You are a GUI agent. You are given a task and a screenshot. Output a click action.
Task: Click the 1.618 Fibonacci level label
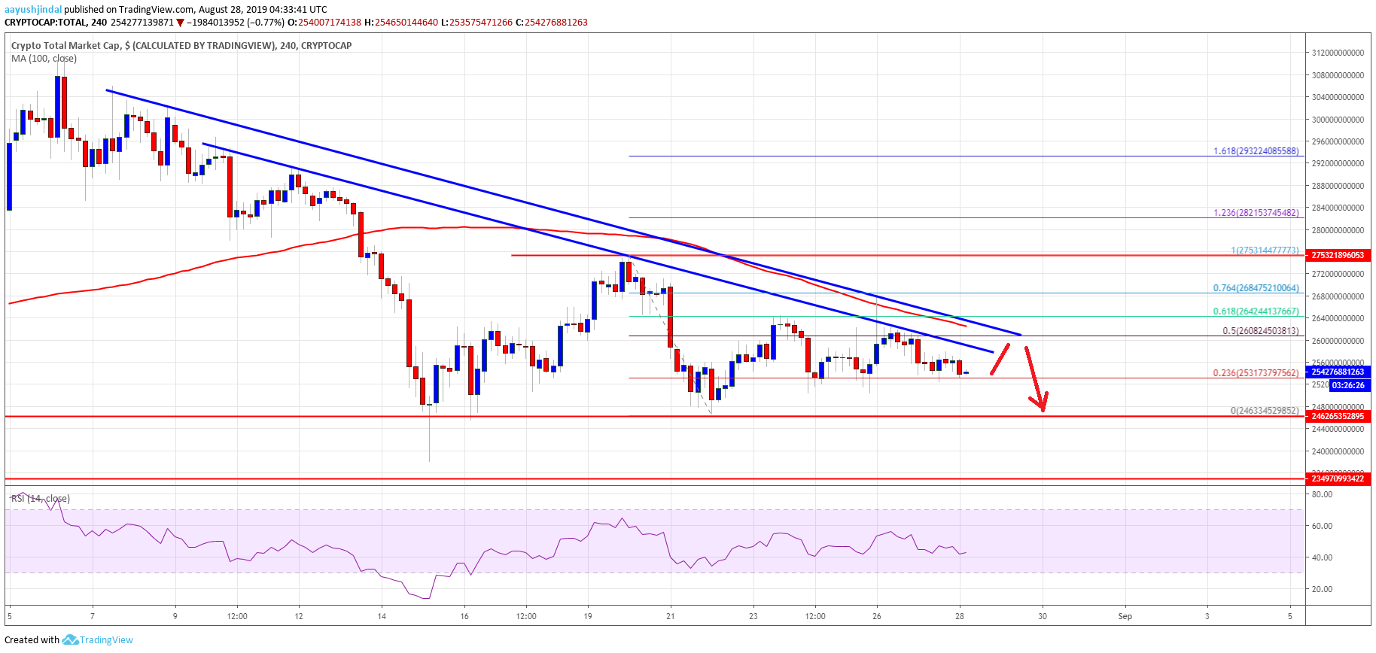(1256, 151)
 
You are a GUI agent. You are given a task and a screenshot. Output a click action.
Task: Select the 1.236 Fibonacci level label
(1256, 213)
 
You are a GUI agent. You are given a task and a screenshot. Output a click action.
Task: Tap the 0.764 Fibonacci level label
(1256, 288)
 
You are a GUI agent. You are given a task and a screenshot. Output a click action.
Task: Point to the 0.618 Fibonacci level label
(1256, 311)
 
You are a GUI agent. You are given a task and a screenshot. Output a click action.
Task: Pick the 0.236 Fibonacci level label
(1256, 373)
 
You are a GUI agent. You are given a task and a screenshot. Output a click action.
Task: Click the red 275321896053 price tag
(1338, 255)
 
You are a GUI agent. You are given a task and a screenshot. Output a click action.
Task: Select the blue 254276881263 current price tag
(1338, 372)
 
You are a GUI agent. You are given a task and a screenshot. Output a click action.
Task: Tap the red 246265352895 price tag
(1338, 416)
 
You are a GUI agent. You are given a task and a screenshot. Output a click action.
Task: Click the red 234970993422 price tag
(1338, 478)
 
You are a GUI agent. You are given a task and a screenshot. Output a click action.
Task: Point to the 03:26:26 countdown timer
(1347, 385)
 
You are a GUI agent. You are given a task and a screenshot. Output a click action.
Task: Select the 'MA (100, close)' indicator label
(44, 59)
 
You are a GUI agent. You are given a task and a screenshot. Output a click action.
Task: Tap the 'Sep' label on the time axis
(1125, 616)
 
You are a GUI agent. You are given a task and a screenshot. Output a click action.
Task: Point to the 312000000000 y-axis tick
(1338, 53)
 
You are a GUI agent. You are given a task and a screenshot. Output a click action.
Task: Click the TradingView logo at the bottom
(98, 640)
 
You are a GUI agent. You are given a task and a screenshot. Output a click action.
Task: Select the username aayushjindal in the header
(33, 10)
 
